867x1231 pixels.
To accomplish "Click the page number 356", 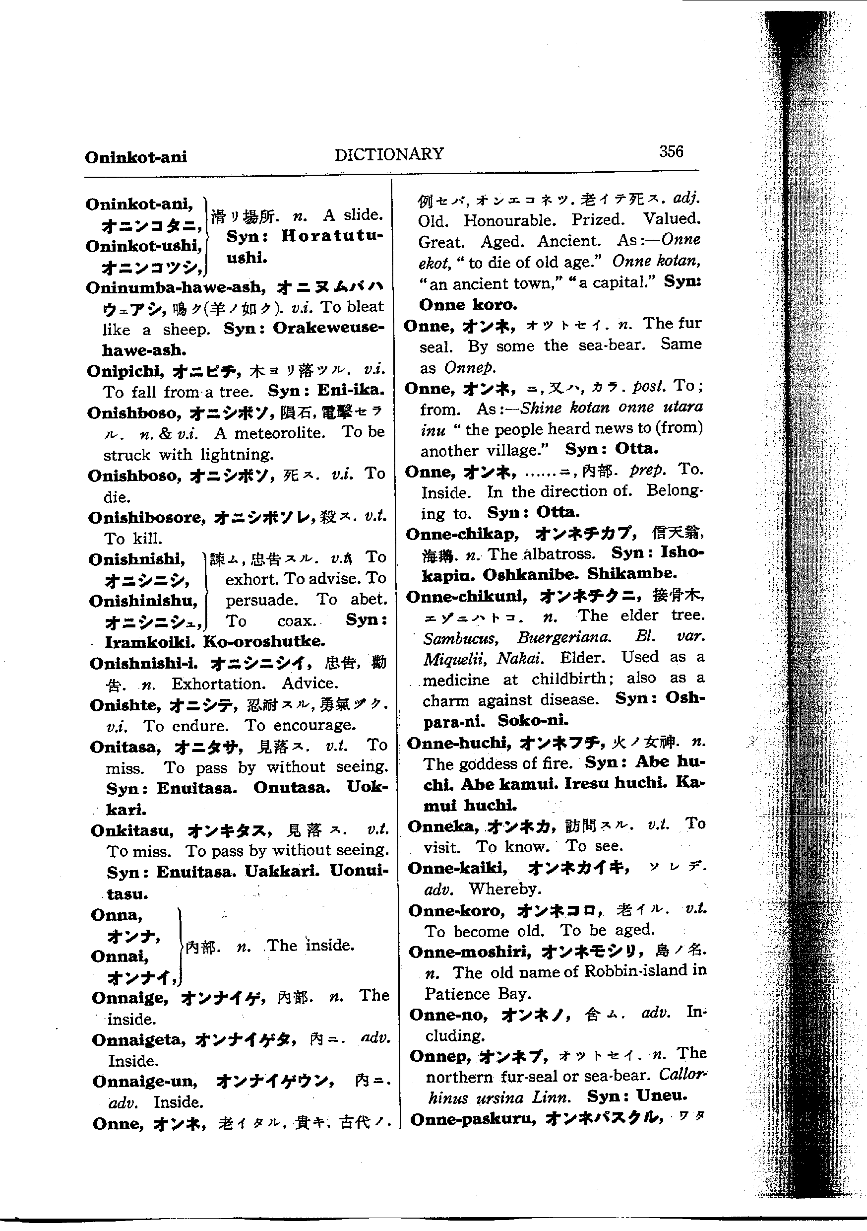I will click(671, 152).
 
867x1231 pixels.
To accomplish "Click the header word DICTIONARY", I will click(389, 154).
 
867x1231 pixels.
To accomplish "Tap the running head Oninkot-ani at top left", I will click(135, 157).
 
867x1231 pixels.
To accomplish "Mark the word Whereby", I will click(505, 889).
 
